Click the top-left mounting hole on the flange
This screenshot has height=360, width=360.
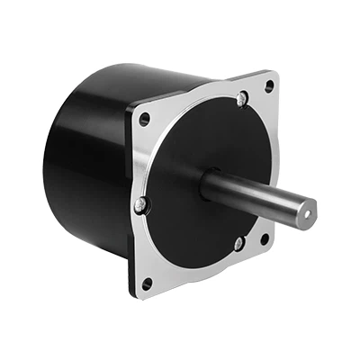145,117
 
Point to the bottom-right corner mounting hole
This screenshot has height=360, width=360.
264,238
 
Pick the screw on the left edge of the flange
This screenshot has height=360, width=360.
139,206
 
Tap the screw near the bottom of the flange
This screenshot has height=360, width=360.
237,243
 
